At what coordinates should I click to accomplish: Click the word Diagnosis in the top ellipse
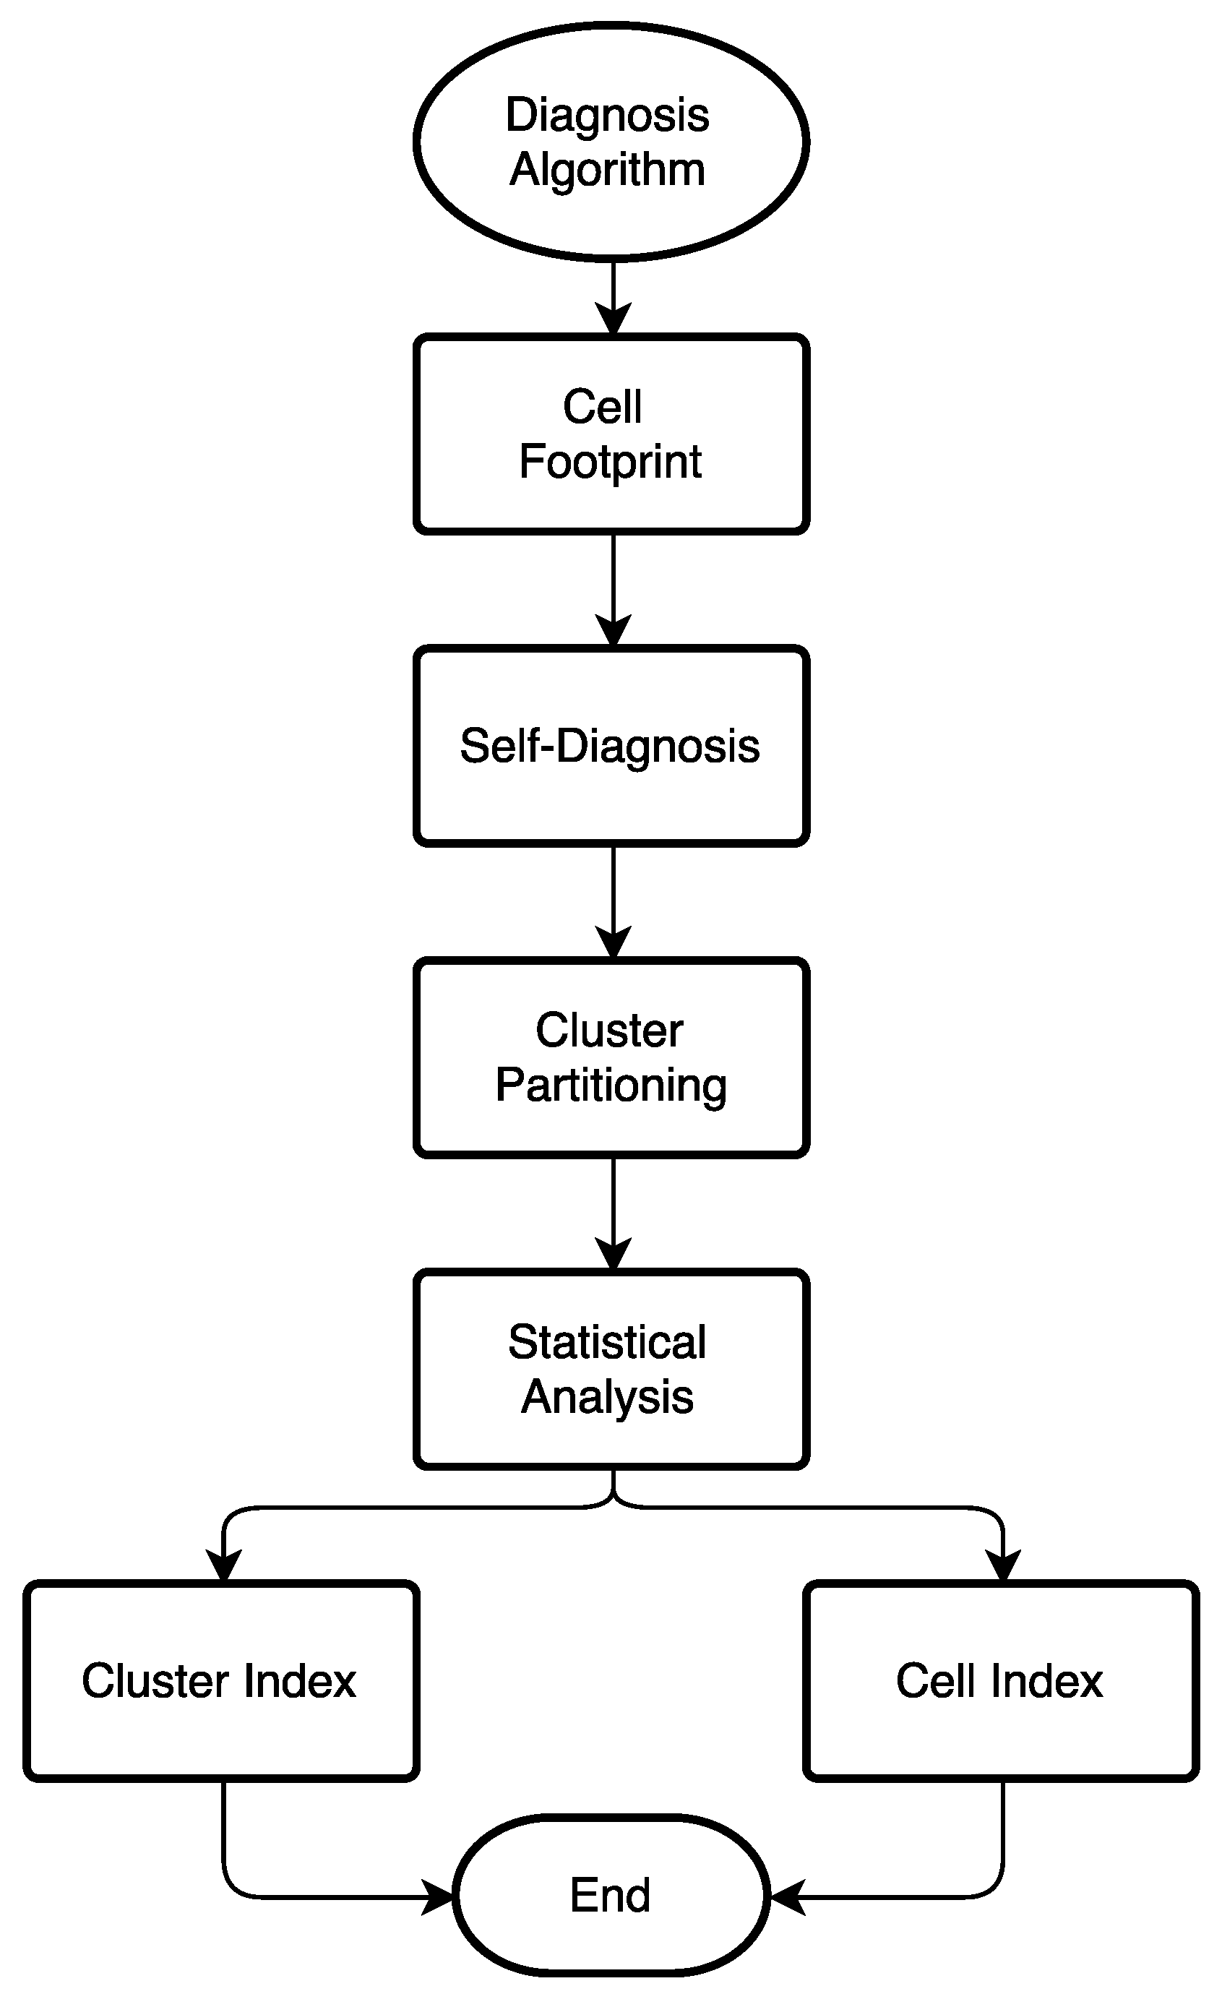[x=607, y=115]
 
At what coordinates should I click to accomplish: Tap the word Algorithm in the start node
[x=607, y=171]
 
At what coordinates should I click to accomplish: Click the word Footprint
[x=610, y=462]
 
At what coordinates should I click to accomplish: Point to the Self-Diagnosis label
[x=609, y=746]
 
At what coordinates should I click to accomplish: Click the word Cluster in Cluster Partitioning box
[x=609, y=1031]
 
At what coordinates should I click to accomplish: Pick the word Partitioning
[x=611, y=1086]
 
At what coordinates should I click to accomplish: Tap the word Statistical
[x=607, y=1342]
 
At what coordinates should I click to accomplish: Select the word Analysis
[x=607, y=1398]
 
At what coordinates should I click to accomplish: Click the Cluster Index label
[x=219, y=1681]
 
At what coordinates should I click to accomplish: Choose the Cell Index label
[x=999, y=1681]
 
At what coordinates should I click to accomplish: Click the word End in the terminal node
[x=610, y=1896]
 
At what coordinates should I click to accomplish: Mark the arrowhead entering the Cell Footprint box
[x=614, y=319]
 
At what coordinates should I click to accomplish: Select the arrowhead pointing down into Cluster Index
[x=223, y=1565]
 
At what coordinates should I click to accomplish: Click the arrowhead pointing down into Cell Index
[x=1003, y=1565]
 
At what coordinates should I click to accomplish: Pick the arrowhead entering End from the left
[x=437, y=1897]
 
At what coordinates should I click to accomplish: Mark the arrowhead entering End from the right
[x=787, y=1897]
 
